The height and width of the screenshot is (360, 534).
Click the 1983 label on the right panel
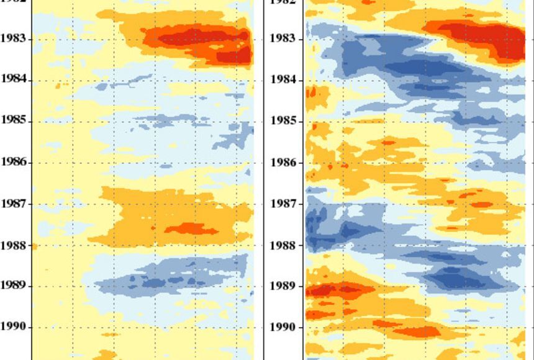pyautogui.click(x=283, y=38)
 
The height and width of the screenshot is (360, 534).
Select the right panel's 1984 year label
pyautogui.click(x=283, y=80)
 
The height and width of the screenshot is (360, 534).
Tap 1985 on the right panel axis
pyautogui.click(x=283, y=121)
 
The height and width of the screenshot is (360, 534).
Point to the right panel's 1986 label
pyautogui.click(x=283, y=163)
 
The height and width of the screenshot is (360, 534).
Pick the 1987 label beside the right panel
pyautogui.click(x=283, y=204)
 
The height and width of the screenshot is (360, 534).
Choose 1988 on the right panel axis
pyautogui.click(x=283, y=245)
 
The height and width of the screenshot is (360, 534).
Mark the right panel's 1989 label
pyautogui.click(x=283, y=286)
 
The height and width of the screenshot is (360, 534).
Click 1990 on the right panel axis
pyautogui.click(x=283, y=327)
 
